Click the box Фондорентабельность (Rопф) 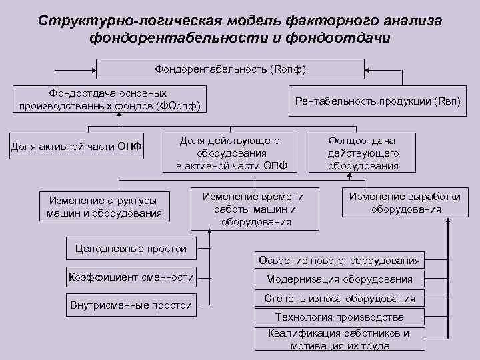point(230,69)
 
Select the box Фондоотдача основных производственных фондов point(110,100)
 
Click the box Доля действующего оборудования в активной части point(231,153)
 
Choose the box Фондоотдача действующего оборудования point(363,153)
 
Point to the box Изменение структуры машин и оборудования point(104,207)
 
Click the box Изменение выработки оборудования point(405,203)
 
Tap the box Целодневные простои point(131,249)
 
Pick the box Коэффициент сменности point(131,277)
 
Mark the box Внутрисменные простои point(131,305)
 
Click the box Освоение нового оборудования point(339,260)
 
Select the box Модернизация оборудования point(339,279)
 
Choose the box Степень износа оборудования point(339,299)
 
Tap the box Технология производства point(339,317)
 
